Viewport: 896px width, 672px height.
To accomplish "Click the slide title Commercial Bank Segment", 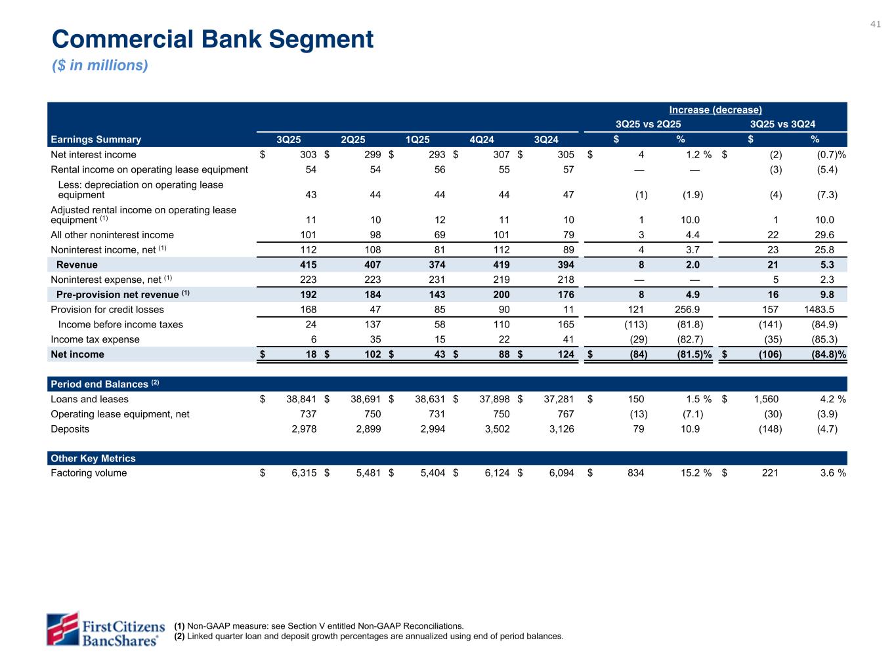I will click(213, 39).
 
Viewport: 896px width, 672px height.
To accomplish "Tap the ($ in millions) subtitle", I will click(100, 66).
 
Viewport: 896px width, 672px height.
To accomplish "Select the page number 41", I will click(875, 24).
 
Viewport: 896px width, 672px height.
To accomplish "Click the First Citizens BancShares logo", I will click(104, 629).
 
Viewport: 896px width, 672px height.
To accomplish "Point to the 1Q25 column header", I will click(417, 139).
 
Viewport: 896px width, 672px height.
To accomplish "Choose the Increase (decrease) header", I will click(715, 110).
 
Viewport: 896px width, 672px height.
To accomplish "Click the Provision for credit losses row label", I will click(107, 310).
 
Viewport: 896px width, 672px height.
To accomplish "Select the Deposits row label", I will click(70, 429).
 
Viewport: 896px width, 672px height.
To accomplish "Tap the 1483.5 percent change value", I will click(819, 310).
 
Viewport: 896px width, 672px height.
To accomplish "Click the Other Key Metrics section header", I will click(93, 459).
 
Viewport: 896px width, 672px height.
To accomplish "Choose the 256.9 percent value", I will click(687, 310).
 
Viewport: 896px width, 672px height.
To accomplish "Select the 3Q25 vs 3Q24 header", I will click(782, 125).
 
